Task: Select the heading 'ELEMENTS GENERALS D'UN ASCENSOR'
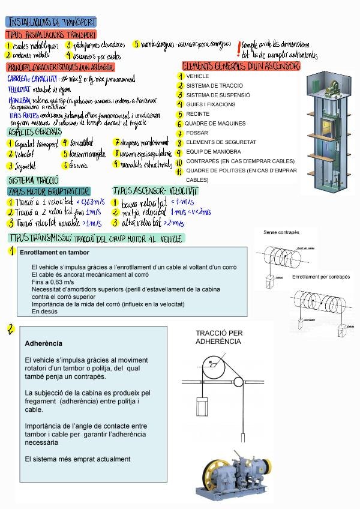(x=241, y=65)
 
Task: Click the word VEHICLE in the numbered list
(x=197, y=77)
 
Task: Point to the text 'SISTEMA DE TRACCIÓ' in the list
(x=214, y=86)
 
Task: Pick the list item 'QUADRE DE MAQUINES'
(x=215, y=124)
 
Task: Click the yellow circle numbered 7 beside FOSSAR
(x=179, y=133)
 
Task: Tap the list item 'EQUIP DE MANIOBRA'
(x=214, y=152)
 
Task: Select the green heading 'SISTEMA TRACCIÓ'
(x=34, y=180)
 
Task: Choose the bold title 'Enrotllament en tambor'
(x=54, y=253)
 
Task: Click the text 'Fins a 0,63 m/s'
(x=53, y=282)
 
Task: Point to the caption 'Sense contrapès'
(x=281, y=232)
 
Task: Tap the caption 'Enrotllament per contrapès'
(x=320, y=277)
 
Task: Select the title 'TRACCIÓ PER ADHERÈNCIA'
(x=218, y=337)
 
